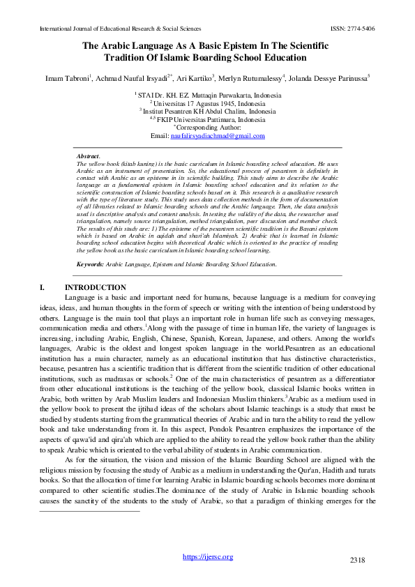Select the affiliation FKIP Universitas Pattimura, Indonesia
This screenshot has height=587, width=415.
pos(209,119)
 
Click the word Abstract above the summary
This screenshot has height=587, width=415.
pos(88,156)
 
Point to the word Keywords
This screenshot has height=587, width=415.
pos(90,264)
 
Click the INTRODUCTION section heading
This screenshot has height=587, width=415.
pos(96,288)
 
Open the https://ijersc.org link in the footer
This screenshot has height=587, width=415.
pos(207,556)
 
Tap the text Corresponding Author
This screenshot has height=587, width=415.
pos(209,127)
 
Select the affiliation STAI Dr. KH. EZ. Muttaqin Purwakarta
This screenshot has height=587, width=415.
pos(210,93)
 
